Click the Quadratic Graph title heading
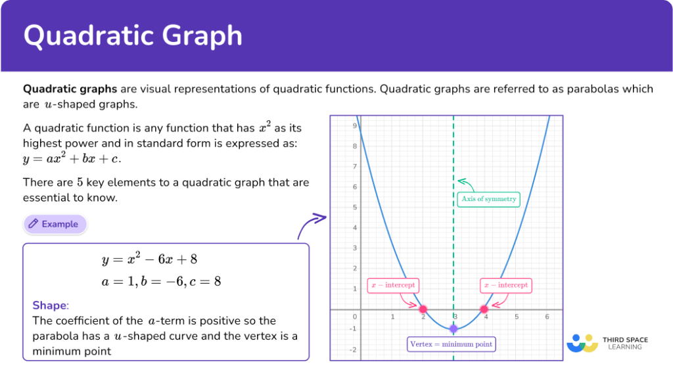[x=133, y=35]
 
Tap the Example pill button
[x=55, y=224]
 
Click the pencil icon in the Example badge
[x=34, y=224]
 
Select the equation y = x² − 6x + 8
[x=149, y=259]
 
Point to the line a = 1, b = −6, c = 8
[x=161, y=281]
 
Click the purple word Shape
[x=49, y=305]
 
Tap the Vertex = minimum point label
[x=451, y=344]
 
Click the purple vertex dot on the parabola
[x=453, y=329]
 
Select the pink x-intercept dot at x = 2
[x=423, y=309]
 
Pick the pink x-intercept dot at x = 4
[x=484, y=309]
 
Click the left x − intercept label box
[x=392, y=285]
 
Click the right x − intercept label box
[x=505, y=285]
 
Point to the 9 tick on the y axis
[x=354, y=125]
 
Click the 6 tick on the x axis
[x=547, y=317]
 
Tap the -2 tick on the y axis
[x=353, y=349]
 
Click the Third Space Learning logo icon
[x=581, y=344]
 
